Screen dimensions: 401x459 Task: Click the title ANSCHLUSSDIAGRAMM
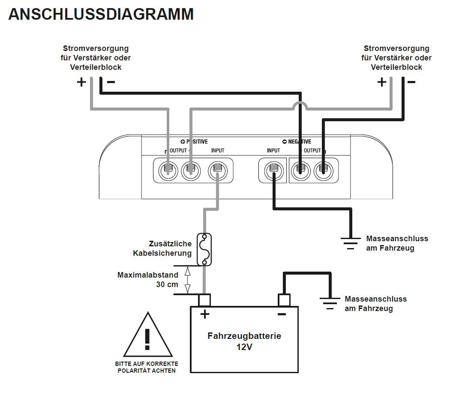[101, 15]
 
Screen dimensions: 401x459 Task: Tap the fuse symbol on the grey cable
[204, 249]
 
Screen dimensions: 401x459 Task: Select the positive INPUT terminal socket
[217, 171]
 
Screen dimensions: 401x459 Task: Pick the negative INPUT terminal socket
[273, 171]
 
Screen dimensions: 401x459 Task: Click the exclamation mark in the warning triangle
[147, 338]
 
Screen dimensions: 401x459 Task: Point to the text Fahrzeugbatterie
[244, 336]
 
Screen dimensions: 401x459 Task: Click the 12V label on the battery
[244, 347]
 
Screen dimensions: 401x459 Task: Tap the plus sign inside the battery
[205, 314]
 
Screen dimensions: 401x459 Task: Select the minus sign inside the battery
[282, 314]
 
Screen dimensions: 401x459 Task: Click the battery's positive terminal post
[204, 300]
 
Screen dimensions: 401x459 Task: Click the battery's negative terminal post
[284, 300]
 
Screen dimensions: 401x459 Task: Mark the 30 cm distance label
[167, 284]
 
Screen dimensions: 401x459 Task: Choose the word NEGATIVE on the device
[300, 142]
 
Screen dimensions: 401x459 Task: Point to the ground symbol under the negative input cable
[351, 242]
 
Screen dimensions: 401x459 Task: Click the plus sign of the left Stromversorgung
[81, 82]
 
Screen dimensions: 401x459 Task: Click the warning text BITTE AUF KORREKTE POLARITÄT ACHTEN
[147, 367]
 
